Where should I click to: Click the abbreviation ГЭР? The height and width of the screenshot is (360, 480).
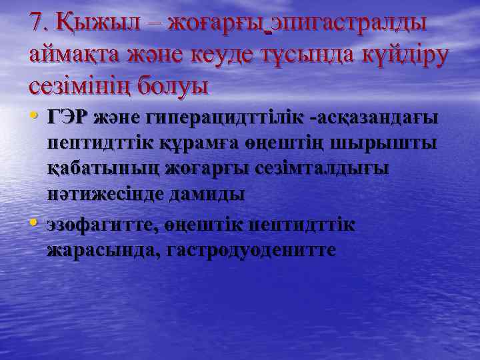pyautogui.click(x=68, y=118)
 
